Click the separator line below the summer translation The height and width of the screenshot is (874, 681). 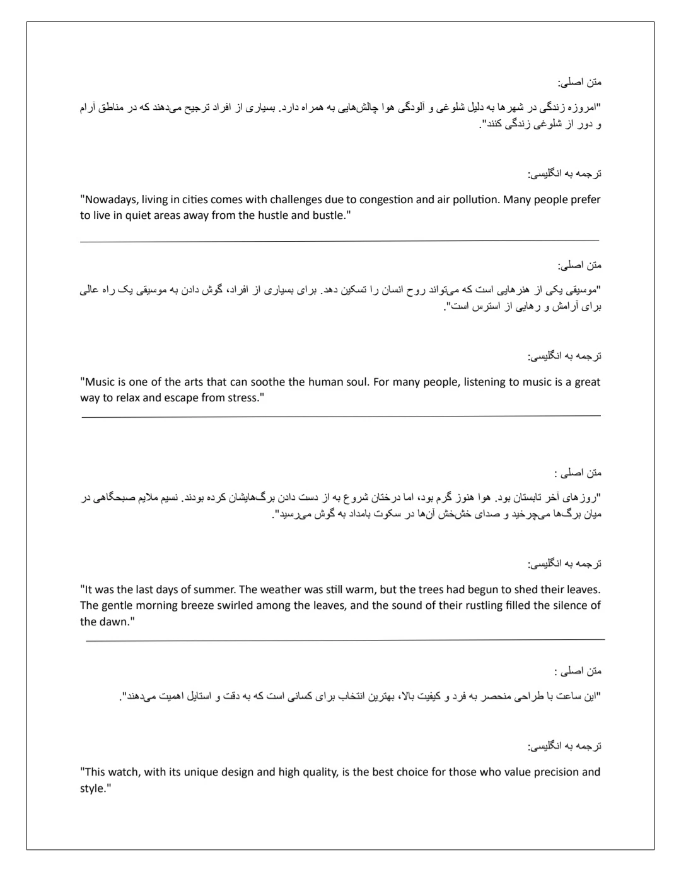click(345, 641)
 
